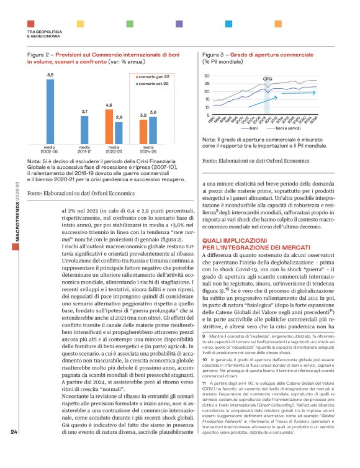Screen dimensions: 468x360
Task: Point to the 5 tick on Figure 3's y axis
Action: (207, 115)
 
